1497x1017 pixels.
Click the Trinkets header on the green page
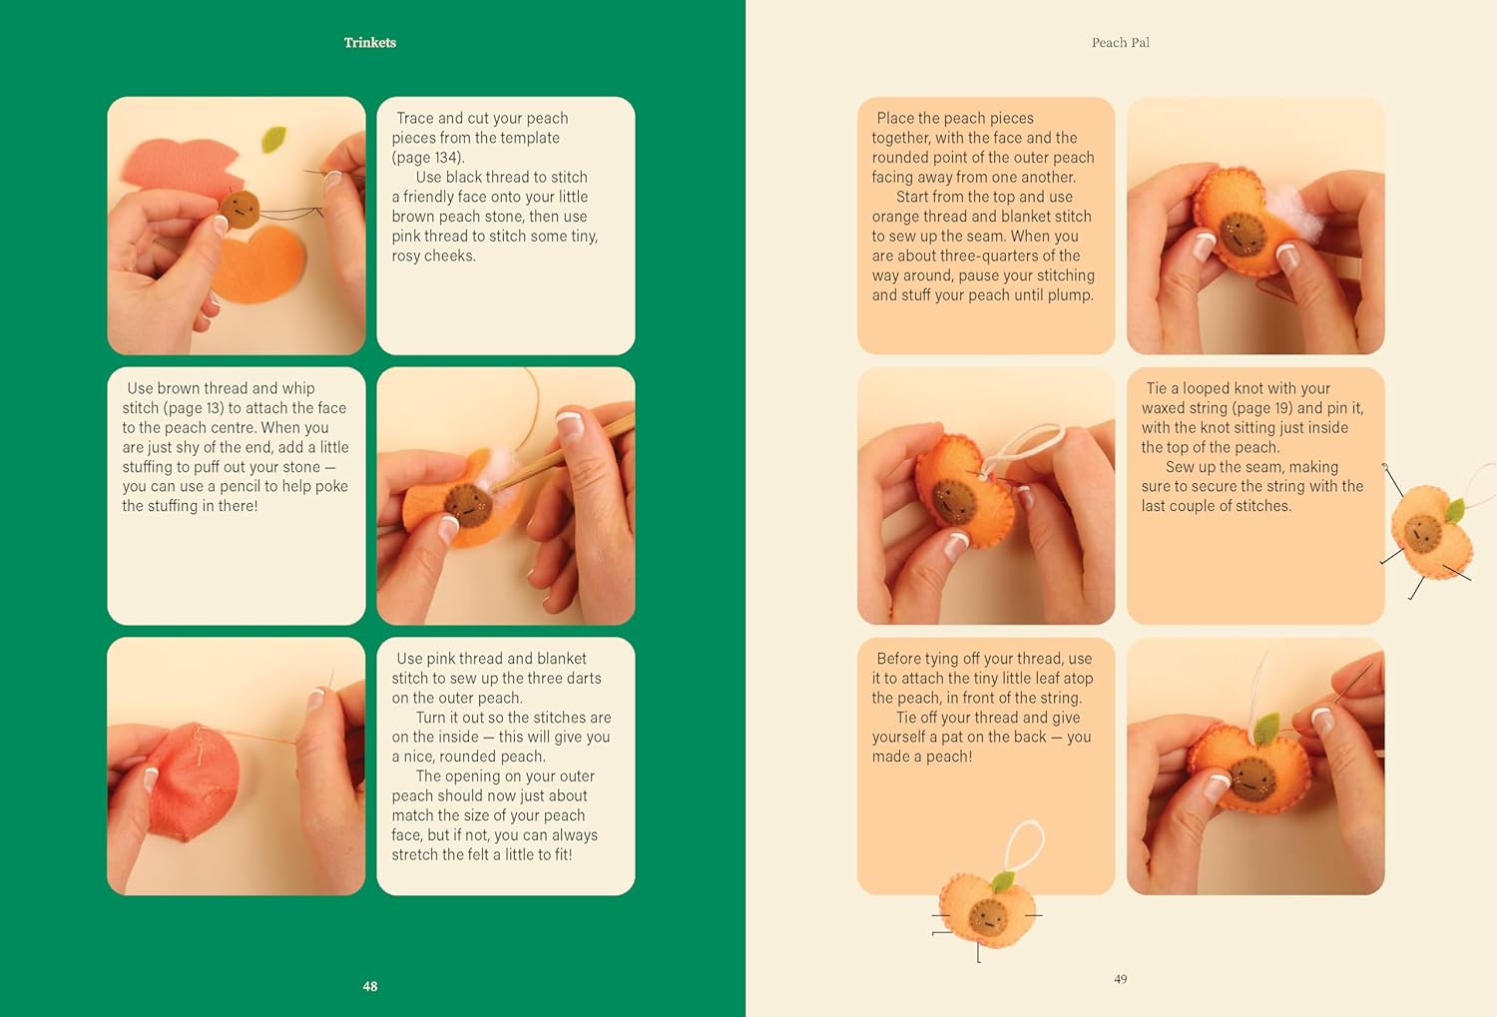tap(369, 43)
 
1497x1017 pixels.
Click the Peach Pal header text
tap(1120, 43)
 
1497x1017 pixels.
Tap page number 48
tap(369, 986)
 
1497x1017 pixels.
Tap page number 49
tap(1120, 979)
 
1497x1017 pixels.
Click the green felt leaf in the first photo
tap(273, 139)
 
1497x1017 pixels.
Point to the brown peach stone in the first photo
tap(240, 209)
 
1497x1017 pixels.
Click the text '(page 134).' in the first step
tap(428, 158)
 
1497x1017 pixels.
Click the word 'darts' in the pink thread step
tap(584, 679)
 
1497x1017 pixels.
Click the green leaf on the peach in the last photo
tap(1265, 728)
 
